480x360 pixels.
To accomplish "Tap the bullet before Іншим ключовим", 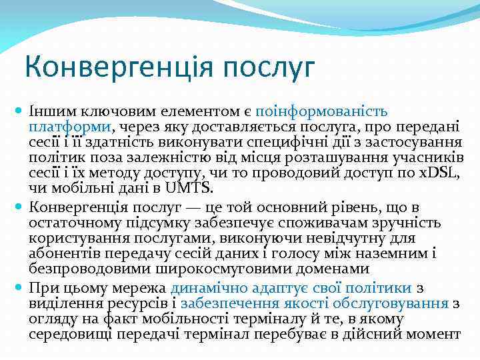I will (x=20, y=109).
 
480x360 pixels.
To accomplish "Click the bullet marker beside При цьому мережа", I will (x=20, y=288).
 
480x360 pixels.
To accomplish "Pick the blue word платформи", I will (x=70, y=126).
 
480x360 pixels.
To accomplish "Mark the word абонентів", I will (x=63, y=253).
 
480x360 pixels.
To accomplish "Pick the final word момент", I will (x=434, y=334).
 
